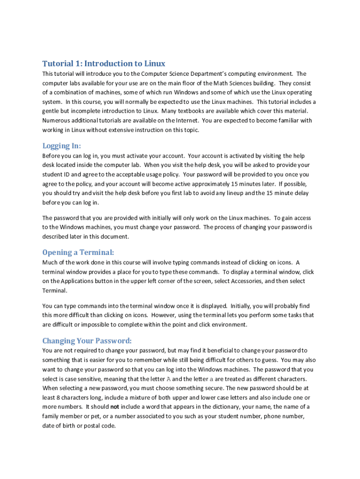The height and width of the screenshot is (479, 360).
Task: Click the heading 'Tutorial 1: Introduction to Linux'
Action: click(104, 64)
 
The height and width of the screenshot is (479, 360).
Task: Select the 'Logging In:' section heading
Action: click(62, 145)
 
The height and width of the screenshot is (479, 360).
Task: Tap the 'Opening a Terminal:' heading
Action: click(78, 253)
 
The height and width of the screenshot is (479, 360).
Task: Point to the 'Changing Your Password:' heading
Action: click(87, 340)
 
